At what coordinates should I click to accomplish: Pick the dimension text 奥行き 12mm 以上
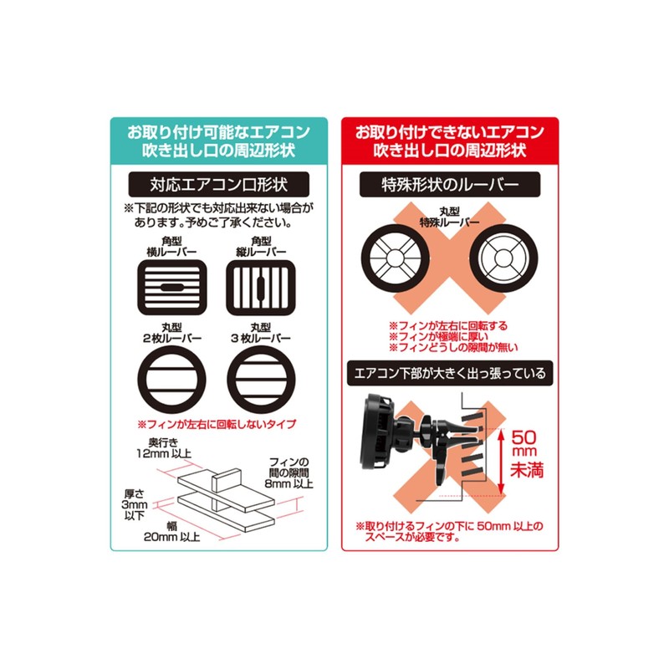tap(166, 447)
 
